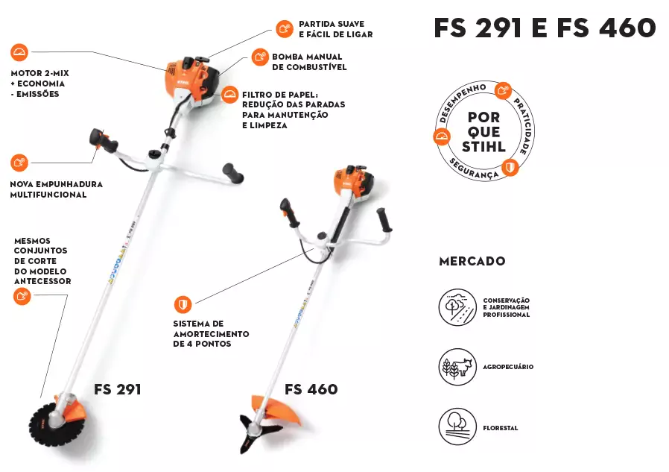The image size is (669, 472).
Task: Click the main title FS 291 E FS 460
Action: tap(545, 28)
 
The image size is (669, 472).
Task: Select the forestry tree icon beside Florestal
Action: tap(457, 427)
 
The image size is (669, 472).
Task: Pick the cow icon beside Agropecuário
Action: tap(457, 367)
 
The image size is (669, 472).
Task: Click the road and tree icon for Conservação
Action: tap(457, 307)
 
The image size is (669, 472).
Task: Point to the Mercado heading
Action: tap(472, 261)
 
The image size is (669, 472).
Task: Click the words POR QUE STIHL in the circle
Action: tap(483, 132)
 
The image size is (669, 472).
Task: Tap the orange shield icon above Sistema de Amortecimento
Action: tap(183, 304)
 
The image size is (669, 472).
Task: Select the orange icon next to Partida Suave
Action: tap(284, 28)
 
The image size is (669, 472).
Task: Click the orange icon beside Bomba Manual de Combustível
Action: tap(260, 57)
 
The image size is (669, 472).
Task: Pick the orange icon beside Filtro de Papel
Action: tap(229, 95)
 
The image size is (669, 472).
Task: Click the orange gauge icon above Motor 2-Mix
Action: tap(19, 52)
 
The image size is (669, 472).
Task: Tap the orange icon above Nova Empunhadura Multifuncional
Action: tap(19, 163)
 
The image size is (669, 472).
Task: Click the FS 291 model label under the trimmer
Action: tap(117, 389)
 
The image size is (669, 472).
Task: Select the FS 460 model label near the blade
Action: tap(311, 389)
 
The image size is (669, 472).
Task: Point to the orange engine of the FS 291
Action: tap(192, 81)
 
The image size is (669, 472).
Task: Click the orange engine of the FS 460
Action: tap(354, 181)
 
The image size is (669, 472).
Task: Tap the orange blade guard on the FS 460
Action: tap(273, 409)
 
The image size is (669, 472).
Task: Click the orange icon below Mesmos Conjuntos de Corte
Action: tap(22, 296)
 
